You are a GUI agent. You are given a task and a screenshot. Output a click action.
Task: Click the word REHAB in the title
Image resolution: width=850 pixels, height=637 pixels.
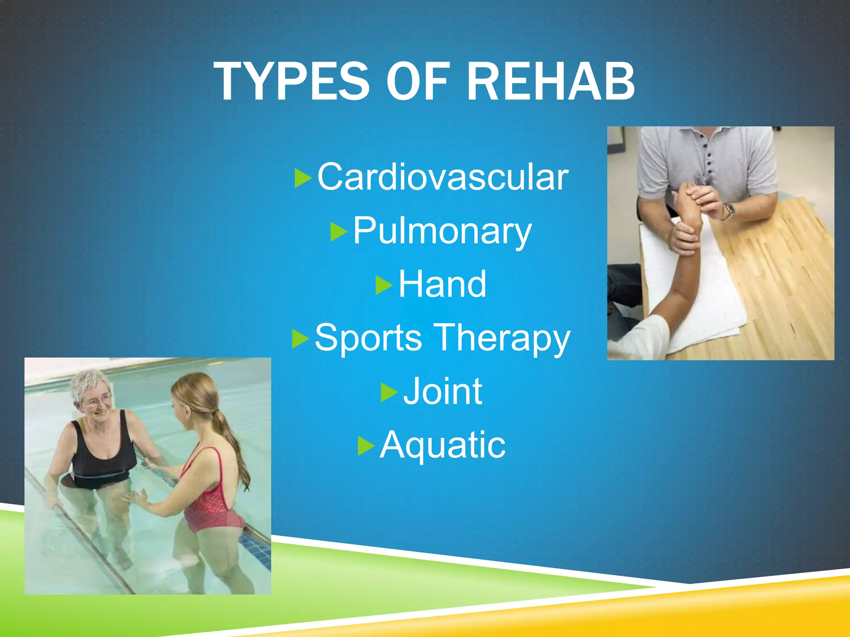pos(550,82)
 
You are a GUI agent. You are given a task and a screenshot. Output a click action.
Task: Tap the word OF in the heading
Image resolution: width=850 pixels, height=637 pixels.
pos(418,82)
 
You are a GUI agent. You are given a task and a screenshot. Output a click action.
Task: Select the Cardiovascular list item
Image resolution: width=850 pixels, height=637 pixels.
pos(442,177)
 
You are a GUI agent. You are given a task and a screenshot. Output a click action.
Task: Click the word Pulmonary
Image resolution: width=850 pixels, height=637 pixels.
pos(442,231)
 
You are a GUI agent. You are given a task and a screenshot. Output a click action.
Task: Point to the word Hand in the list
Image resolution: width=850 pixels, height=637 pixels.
pos(442,284)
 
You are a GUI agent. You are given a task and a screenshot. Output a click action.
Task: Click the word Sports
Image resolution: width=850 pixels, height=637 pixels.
pos(368,338)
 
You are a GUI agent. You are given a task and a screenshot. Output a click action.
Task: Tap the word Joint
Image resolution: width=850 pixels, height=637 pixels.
pos(442,391)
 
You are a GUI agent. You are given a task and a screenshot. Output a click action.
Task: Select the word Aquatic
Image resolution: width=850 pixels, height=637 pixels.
pos(442,445)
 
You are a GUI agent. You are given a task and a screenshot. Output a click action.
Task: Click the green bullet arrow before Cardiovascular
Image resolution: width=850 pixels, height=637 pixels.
pos(303,178)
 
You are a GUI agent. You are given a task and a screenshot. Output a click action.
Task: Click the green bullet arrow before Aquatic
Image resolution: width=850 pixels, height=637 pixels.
pos(366,446)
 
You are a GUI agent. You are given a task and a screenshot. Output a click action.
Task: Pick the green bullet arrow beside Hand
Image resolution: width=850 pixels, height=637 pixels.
pos(384,285)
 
